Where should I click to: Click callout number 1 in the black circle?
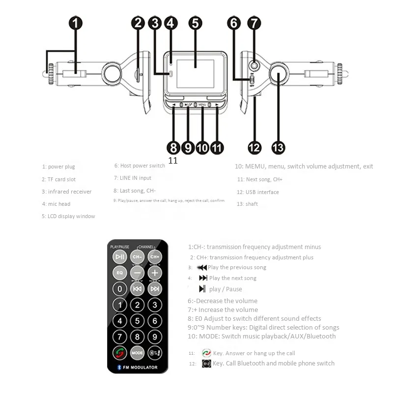(75, 23)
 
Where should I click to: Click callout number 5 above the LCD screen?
(196, 23)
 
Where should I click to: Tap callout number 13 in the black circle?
(278, 147)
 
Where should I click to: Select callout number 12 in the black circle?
(254, 147)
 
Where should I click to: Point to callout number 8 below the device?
(172, 147)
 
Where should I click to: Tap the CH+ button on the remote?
(155, 256)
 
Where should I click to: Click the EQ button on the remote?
(119, 272)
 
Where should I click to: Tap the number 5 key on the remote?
(137, 321)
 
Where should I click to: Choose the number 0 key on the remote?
(119, 288)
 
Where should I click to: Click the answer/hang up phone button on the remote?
(119, 353)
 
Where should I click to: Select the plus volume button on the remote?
(155, 272)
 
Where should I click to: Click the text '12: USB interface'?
(257, 192)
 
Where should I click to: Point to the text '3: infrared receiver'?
(66, 192)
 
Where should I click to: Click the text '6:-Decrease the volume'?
(223, 301)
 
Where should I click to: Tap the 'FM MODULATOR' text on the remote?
(140, 367)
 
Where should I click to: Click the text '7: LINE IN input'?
(132, 178)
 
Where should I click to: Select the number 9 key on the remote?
(155, 337)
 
